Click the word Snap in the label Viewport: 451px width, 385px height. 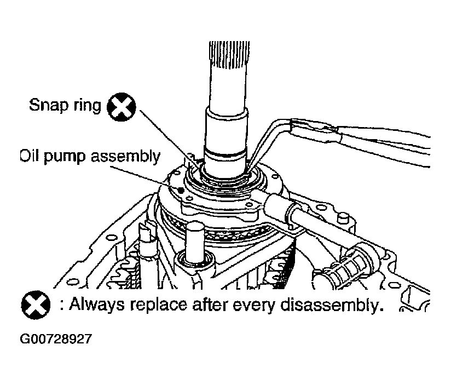(49, 105)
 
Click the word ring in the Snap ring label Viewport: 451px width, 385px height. (87, 105)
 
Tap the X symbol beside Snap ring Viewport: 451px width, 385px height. (121, 107)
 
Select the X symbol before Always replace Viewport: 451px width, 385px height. (36, 305)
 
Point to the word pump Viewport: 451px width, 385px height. (64, 157)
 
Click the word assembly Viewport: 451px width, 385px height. (125, 157)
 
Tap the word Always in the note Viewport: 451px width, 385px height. (97, 304)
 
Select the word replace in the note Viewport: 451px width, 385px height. (158, 305)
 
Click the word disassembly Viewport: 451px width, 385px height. (332, 305)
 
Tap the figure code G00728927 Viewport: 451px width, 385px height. (56, 338)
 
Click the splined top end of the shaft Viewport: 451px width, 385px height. (229, 55)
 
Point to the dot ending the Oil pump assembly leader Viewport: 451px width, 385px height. (181, 190)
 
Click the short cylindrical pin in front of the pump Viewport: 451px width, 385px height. (194, 242)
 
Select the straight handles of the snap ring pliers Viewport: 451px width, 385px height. (360, 141)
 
